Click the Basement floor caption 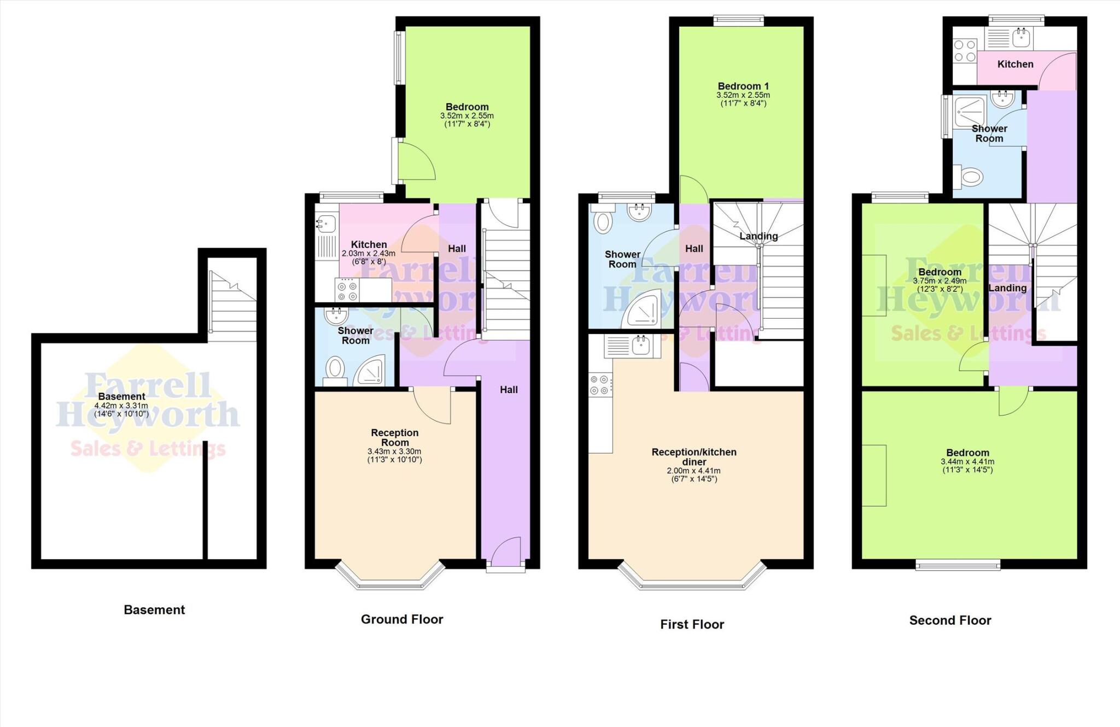(154, 610)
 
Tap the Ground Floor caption (402, 619)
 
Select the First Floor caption (692, 624)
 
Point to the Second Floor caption (950, 620)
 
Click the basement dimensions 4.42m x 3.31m (121, 406)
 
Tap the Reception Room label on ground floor (394, 437)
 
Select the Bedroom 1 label (743, 86)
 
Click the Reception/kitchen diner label (694, 457)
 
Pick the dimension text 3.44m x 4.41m (967, 462)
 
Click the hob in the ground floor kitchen (347, 290)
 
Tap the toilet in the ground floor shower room (335, 369)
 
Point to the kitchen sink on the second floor (1020, 38)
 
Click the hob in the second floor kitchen (965, 50)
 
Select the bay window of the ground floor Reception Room (390, 576)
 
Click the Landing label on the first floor (759, 236)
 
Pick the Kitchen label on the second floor (1015, 65)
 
